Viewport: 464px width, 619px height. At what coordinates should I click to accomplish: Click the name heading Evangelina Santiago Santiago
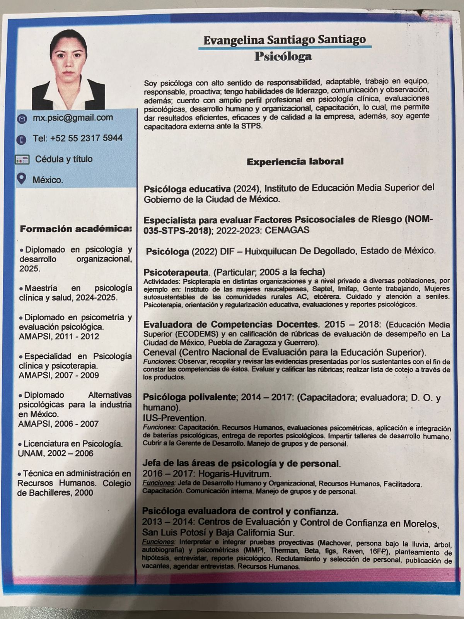point(284,40)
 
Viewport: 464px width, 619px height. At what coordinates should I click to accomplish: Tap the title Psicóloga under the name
point(283,57)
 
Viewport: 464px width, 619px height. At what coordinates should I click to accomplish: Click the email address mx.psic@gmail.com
point(73,118)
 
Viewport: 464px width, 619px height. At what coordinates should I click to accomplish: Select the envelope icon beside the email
point(22,119)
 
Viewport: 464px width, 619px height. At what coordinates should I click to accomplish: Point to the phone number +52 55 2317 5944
point(78,138)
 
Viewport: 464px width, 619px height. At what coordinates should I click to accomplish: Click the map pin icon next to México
point(22,179)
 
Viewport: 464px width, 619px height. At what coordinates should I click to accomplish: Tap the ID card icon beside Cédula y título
point(22,159)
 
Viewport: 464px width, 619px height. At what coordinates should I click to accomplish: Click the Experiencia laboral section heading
point(295,162)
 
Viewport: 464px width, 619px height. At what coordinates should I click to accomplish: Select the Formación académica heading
point(76,229)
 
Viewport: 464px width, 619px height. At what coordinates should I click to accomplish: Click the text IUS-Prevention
point(174,418)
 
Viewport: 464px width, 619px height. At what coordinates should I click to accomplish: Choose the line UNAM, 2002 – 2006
point(56,453)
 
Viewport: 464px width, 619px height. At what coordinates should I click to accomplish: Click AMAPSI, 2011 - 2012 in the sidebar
point(59,336)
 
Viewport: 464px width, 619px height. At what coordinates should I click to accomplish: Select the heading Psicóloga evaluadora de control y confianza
point(241,511)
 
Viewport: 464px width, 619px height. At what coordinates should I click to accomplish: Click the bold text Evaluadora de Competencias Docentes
point(231,324)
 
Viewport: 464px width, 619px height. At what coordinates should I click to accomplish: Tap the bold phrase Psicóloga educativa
point(187,189)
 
